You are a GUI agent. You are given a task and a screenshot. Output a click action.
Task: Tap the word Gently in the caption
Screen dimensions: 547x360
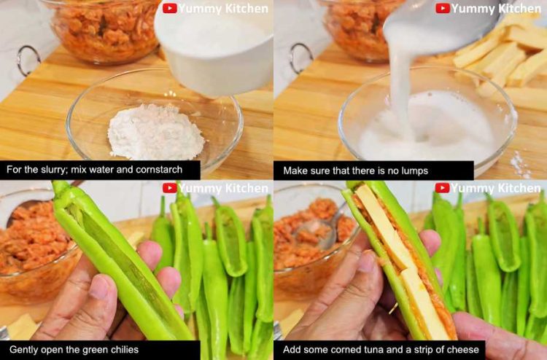point(22,350)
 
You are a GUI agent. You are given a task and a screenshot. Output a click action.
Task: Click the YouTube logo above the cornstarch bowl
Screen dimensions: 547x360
point(169,8)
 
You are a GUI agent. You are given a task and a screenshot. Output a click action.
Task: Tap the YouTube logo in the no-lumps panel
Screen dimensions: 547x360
point(443,8)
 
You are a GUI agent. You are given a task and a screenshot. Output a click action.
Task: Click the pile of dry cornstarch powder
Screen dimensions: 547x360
point(155,133)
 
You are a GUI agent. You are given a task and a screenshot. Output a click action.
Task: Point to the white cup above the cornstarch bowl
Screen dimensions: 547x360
point(214,49)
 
